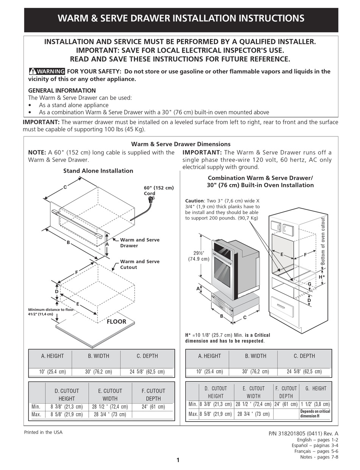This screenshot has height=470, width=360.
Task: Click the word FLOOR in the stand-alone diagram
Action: [116, 322]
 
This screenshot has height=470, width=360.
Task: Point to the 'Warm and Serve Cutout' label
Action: [139, 264]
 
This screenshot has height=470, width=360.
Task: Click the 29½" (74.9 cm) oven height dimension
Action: [199, 256]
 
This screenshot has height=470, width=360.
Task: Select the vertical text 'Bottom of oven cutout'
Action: [323, 242]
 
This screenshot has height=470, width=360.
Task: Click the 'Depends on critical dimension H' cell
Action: [315, 414]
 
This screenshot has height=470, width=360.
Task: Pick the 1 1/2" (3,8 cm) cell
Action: [315, 404]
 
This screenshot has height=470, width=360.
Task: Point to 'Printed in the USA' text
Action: [43, 432]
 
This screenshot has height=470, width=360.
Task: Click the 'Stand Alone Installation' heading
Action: [98, 171]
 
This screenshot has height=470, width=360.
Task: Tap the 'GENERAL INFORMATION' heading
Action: [62, 91]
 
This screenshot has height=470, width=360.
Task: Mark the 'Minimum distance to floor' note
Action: [51, 312]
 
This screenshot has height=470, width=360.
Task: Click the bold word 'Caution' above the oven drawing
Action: [194, 201]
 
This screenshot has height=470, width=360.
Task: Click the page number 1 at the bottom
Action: [178, 461]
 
